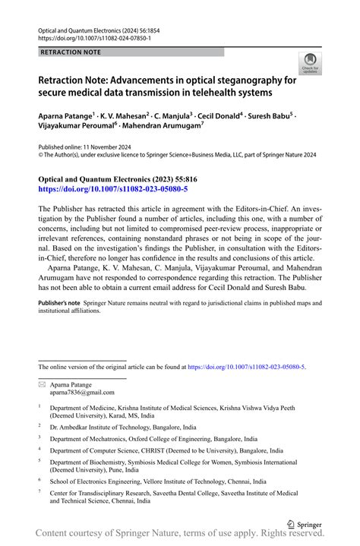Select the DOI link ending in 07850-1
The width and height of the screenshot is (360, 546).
coord(94,37)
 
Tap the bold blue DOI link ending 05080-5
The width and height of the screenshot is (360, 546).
coord(112,188)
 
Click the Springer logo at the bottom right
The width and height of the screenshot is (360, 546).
coord(305,524)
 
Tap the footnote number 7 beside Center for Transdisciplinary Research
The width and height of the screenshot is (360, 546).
coord(39,491)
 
